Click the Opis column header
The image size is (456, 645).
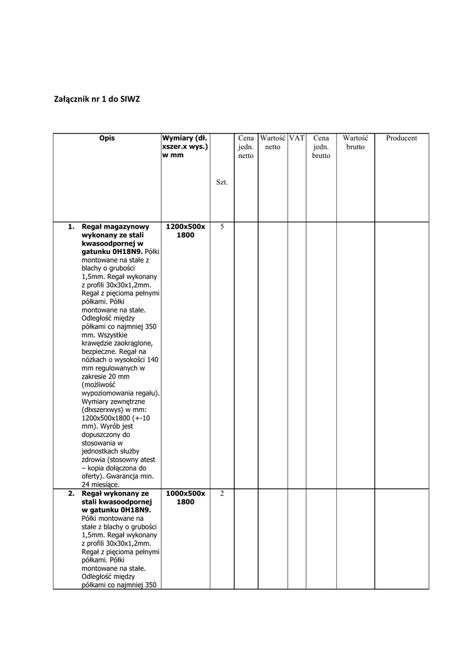106,138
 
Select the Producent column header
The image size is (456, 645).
401,138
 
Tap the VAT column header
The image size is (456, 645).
297,138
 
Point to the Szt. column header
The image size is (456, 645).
222,182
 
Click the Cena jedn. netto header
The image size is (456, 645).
246,147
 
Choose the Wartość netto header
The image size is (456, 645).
273,142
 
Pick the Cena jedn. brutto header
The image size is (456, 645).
321,147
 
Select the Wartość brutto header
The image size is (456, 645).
355,142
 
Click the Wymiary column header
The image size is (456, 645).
185,147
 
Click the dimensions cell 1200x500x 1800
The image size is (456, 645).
185,231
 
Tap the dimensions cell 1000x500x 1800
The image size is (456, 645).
185,498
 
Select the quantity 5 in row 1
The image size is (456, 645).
222,227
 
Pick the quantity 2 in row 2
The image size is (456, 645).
222,494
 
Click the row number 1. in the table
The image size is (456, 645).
72,227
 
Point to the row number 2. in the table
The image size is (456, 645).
72,494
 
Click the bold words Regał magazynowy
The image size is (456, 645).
115,227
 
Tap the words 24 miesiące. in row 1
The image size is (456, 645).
101,485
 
